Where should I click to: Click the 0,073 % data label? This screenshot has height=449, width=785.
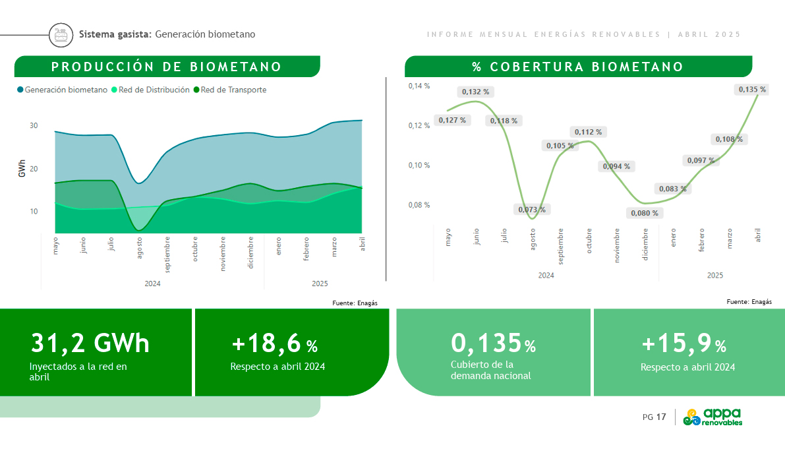[x=532, y=210]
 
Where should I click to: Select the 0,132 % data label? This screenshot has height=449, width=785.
[x=475, y=92]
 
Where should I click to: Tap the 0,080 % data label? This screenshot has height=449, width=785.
[x=644, y=213]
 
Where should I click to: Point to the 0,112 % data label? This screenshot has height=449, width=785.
[x=589, y=132]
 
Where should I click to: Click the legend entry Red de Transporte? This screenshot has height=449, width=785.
[x=230, y=90]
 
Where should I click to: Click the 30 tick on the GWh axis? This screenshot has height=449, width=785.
[x=34, y=125]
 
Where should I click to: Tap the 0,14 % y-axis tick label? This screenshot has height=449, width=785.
[x=419, y=86]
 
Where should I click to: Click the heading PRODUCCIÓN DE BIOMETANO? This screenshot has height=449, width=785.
[x=167, y=67]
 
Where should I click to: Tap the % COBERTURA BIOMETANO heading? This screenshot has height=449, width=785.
[x=578, y=67]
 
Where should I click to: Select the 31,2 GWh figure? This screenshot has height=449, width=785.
[x=90, y=343]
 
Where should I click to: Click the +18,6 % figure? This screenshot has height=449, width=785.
[x=274, y=344]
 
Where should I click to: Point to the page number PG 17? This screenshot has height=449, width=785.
[x=654, y=417]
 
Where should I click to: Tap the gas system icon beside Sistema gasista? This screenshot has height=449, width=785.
[x=61, y=34]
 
